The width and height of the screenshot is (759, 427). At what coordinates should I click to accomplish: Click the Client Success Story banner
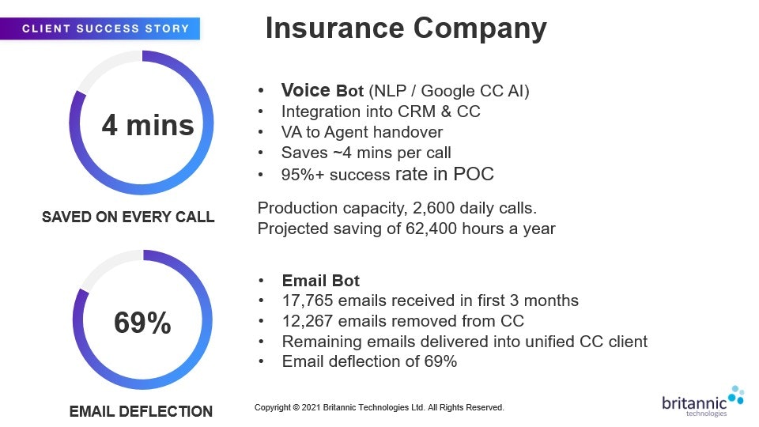coord(100,28)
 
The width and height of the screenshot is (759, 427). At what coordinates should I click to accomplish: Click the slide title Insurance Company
coord(406,28)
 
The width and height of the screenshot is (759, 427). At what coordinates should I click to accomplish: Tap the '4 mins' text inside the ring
coord(148,125)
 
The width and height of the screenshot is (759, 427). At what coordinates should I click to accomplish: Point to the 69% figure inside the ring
coord(142,323)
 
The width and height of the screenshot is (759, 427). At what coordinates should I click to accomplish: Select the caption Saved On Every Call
coord(128,217)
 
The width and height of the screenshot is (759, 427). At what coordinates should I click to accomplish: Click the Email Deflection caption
coord(141,411)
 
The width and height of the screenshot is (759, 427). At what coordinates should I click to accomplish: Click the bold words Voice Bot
coord(323,90)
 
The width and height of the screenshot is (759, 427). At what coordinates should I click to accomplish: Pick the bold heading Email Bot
coord(321,281)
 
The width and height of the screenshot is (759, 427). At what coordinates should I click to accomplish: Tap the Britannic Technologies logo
coord(702,402)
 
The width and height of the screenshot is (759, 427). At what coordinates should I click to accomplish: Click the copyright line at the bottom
coord(379,408)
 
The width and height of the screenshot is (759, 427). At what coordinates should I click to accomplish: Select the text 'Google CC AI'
coord(473,91)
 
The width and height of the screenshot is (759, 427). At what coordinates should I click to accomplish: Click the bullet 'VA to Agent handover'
coord(362,132)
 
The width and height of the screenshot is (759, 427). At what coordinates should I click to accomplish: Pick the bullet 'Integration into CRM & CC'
coord(381,111)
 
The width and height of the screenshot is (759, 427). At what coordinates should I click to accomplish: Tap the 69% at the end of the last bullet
coord(440,361)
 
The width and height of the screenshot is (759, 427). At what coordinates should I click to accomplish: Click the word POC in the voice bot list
coord(474,174)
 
